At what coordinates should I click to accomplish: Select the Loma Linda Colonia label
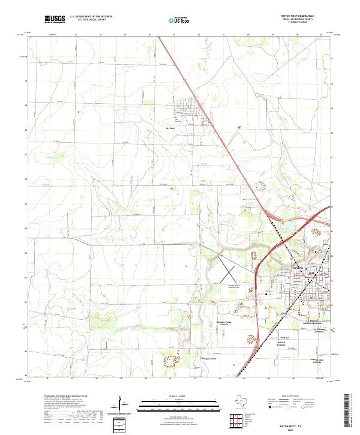pos(299,361)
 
